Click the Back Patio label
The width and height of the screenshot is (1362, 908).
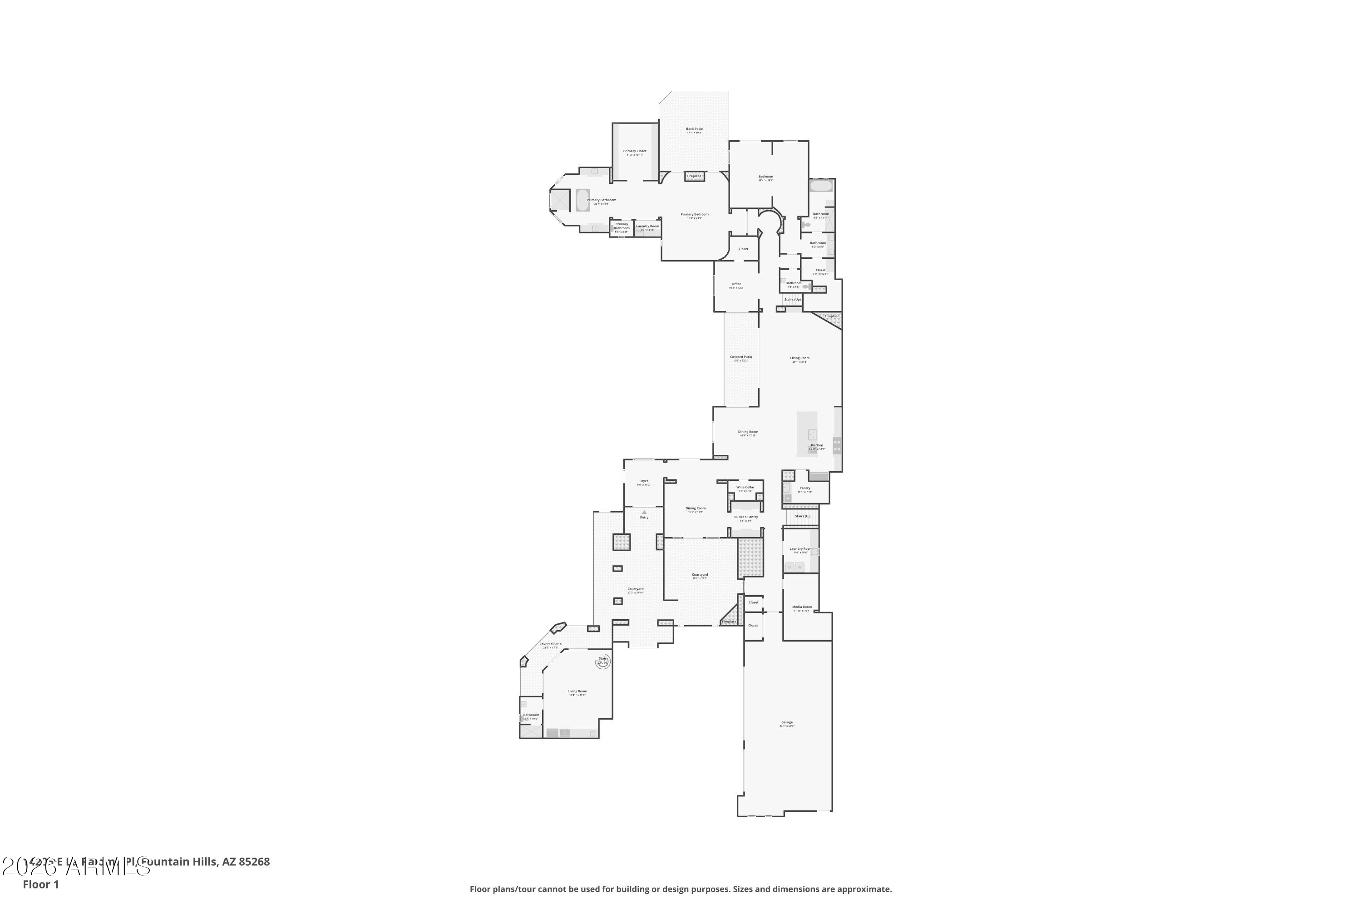point(694,129)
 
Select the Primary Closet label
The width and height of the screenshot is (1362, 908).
point(635,152)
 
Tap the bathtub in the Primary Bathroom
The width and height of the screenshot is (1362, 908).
point(582,200)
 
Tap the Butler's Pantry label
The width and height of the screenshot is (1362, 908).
point(745,517)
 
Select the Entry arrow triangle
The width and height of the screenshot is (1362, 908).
point(644,513)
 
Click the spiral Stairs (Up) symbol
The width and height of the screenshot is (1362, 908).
point(603,661)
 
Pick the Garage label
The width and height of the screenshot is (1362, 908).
point(786,723)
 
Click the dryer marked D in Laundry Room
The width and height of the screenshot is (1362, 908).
point(790,567)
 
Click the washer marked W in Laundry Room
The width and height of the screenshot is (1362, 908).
point(799,567)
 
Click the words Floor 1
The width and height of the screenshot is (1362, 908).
point(40,884)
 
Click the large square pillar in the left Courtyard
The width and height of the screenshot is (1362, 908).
point(622,542)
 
